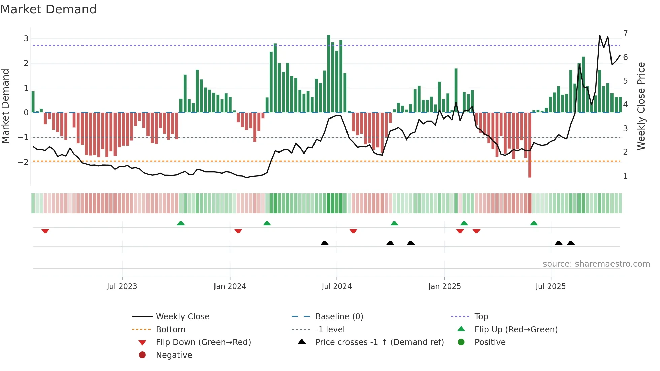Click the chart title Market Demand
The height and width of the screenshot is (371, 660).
tap(48, 9)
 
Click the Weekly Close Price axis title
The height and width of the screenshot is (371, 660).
tap(641, 106)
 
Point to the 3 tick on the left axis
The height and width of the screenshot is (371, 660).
tap(26, 39)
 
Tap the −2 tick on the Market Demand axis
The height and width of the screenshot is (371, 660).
tap(23, 162)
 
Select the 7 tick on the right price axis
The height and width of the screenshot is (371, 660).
tap(625, 34)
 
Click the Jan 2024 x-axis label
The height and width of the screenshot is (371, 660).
tap(230, 286)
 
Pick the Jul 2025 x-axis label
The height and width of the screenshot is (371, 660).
tap(551, 286)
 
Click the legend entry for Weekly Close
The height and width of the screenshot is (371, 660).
tap(182, 317)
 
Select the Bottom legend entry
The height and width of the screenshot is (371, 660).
tap(170, 330)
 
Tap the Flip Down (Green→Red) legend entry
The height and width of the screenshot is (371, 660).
tap(203, 342)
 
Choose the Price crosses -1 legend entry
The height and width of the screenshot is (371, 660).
tap(379, 342)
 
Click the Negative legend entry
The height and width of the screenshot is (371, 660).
tap(174, 355)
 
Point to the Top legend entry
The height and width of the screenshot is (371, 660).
tap(481, 317)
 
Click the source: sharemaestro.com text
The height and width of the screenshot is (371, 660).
tap(596, 264)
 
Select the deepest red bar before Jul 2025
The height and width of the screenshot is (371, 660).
tap(530, 145)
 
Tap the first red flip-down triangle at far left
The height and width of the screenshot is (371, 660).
tap(45, 231)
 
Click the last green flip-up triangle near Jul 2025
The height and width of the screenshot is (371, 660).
tap(534, 223)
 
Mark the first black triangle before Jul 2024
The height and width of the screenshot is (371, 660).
tap(324, 243)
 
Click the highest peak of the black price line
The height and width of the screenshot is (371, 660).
tap(600, 35)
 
